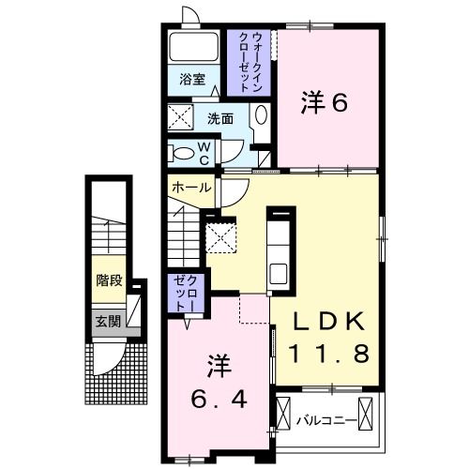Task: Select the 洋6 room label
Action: tap(324, 102)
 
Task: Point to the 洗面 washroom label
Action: tap(220, 119)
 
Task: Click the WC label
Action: tap(204, 151)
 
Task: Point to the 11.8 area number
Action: tap(326, 354)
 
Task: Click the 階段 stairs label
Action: tap(110, 280)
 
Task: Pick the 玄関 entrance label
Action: tap(108, 321)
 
